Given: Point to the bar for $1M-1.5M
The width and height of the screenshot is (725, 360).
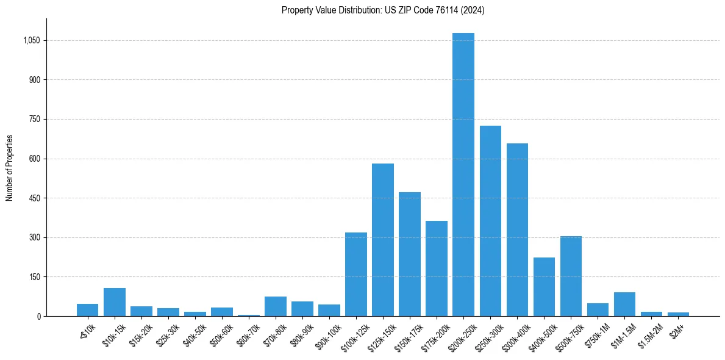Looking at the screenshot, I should click(x=624, y=304).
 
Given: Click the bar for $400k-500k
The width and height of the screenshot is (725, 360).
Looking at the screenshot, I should click(x=544, y=287).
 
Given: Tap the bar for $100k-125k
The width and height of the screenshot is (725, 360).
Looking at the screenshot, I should click(x=356, y=274).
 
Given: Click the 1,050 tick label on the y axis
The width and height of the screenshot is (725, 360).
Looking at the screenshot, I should click(x=32, y=41).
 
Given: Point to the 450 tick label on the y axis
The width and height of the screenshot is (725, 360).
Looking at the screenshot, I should click(x=35, y=198).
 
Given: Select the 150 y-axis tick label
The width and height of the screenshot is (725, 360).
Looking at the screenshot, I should click(x=35, y=277).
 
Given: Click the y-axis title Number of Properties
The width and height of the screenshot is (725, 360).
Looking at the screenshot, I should click(x=10, y=168).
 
